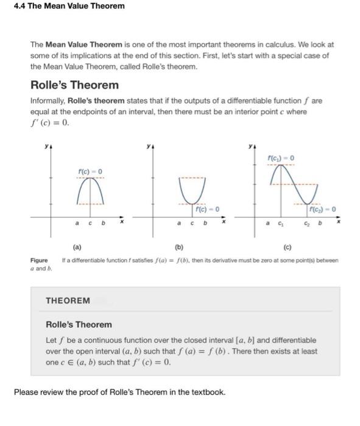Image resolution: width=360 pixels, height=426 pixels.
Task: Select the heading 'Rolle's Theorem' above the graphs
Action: pyautogui.click(x=74, y=85)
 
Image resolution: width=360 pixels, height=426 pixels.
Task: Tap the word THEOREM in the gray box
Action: pyautogui.click(x=68, y=300)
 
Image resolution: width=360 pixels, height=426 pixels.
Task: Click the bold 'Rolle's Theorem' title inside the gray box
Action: pyautogui.click(x=79, y=324)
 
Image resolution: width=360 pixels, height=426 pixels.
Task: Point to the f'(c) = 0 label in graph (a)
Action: pyautogui.click(x=90, y=170)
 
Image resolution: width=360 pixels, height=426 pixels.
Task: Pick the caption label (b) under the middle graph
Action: pyautogui.click(x=178, y=248)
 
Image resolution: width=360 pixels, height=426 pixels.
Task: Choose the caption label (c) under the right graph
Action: pyautogui.click(x=286, y=248)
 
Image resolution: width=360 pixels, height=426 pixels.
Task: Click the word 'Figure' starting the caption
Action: pyautogui.click(x=40, y=260)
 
